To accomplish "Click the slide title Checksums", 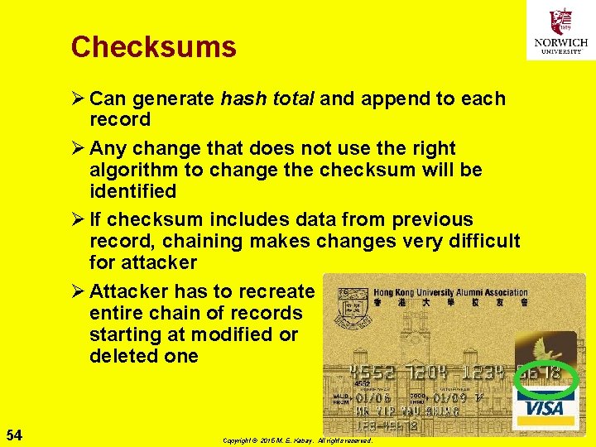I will click(x=153, y=46).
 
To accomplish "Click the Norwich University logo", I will click(x=560, y=31).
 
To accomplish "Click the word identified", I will click(x=132, y=191).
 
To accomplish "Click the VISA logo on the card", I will click(x=543, y=408).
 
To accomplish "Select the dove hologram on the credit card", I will click(x=545, y=347).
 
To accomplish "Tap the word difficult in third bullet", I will click(x=483, y=241).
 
